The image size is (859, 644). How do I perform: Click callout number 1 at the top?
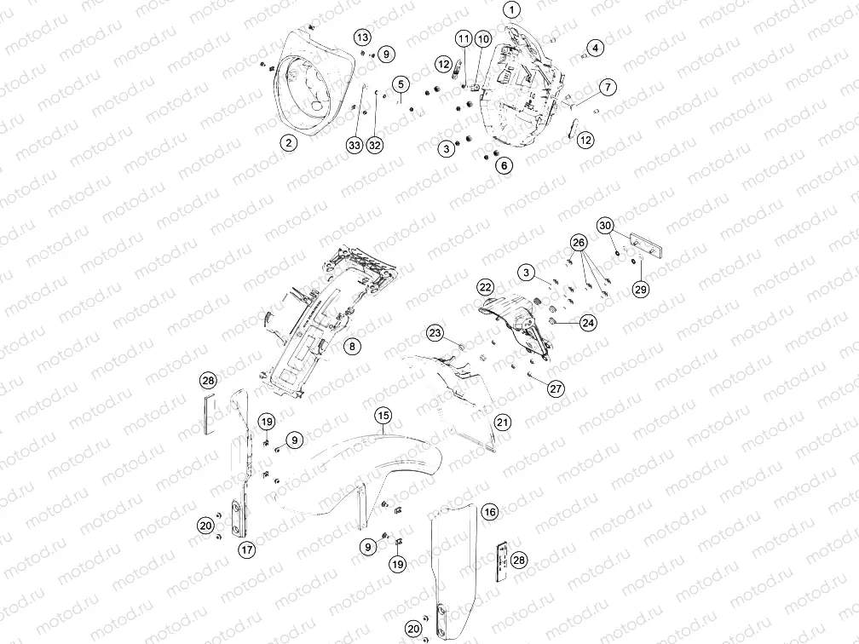[511, 10]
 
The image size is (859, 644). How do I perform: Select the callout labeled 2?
[289, 143]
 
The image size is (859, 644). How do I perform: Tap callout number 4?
[595, 48]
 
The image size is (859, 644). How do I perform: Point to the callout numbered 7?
[608, 87]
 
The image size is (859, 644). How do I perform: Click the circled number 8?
[352, 346]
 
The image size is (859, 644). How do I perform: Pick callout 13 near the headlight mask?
[363, 37]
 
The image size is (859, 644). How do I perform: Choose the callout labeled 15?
[383, 416]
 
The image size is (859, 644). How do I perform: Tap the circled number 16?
[490, 512]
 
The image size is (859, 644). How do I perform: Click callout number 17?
[247, 549]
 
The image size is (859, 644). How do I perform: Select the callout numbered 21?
[503, 423]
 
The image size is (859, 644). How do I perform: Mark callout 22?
[486, 287]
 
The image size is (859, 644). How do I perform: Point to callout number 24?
[588, 323]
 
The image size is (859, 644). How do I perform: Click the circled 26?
[579, 242]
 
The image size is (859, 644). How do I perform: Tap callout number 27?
[556, 388]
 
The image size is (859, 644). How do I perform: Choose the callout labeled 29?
[641, 289]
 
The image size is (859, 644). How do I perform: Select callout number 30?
[605, 226]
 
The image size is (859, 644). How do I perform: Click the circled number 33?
[355, 145]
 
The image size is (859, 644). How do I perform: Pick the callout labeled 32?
[375, 145]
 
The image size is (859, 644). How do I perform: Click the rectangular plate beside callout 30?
[647, 245]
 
